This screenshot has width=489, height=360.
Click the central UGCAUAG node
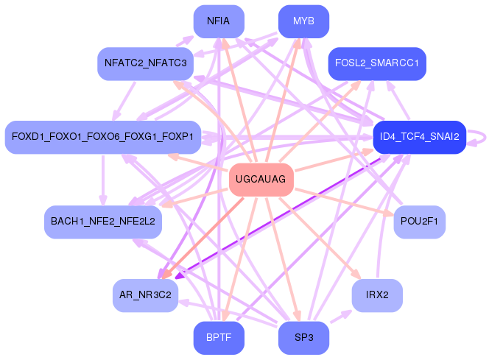click(x=261, y=180)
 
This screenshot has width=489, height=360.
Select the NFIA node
click(x=219, y=21)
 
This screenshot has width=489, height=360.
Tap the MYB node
click(x=303, y=21)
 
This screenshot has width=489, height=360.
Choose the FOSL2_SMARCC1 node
click(x=377, y=63)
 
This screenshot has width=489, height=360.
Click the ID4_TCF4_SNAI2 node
click(x=420, y=137)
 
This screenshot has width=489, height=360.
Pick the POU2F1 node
click(x=420, y=222)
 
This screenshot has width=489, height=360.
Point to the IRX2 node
click(x=377, y=295)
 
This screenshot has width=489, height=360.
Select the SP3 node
click(x=303, y=338)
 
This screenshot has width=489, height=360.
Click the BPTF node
click(x=219, y=338)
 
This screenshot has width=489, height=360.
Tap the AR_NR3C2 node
click(x=145, y=295)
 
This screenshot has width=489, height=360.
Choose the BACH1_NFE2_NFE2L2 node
click(x=103, y=222)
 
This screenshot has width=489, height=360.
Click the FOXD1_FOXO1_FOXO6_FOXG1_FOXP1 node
click(x=103, y=137)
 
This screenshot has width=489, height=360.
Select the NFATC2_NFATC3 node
click(x=145, y=63)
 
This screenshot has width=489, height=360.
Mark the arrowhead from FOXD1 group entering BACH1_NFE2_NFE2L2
click(x=103, y=200)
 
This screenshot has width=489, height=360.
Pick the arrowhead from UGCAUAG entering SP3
click(x=298, y=316)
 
